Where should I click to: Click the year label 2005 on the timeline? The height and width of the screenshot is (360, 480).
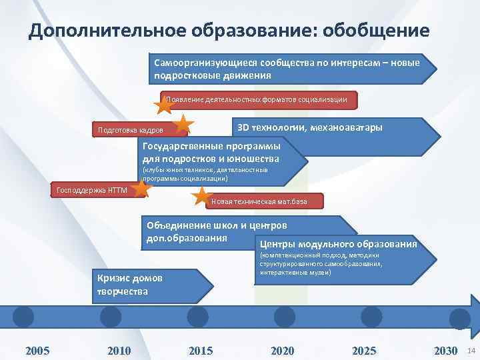pos(37,350)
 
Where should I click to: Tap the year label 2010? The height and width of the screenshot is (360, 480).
pos(119,350)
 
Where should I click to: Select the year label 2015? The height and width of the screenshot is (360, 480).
pos(201,350)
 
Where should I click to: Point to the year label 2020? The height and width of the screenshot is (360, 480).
pos(283,350)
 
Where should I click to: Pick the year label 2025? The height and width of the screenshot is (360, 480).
pos(364,350)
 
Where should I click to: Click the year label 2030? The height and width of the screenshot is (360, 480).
pos(445,350)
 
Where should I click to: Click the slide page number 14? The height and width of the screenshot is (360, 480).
pos(471,351)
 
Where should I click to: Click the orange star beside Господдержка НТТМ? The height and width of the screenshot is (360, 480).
pos(141,189)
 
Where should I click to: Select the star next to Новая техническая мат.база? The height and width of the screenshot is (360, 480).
pos(201,196)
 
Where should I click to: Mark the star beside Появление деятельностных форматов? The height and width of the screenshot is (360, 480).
pos(164,104)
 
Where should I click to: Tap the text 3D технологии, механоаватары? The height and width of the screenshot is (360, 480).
pos(310,127)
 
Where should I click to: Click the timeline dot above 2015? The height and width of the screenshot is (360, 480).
pos(197,315)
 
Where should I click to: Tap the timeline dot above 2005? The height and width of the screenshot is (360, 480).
pos(24,315)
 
